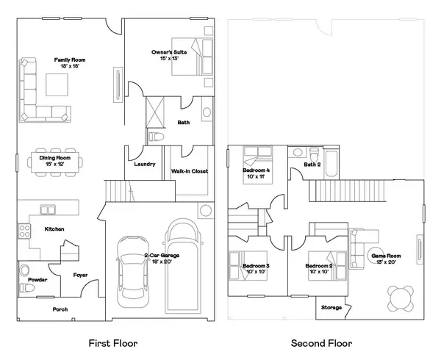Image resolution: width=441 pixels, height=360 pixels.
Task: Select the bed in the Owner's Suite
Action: (x=188, y=57)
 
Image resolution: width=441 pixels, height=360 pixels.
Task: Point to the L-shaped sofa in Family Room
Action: (x=37, y=96)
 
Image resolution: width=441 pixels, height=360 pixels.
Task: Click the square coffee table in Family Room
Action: (x=59, y=85)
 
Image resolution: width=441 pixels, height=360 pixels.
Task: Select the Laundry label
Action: (x=144, y=164)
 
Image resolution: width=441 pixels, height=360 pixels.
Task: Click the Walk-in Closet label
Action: (x=190, y=171)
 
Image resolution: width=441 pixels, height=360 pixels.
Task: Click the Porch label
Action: (x=60, y=309)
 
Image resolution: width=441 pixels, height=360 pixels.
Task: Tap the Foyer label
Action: (x=81, y=276)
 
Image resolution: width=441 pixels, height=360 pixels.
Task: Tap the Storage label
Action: (x=331, y=307)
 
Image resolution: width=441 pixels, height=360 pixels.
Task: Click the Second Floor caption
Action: (x=321, y=343)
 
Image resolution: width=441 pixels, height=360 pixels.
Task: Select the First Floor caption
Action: (x=112, y=343)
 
